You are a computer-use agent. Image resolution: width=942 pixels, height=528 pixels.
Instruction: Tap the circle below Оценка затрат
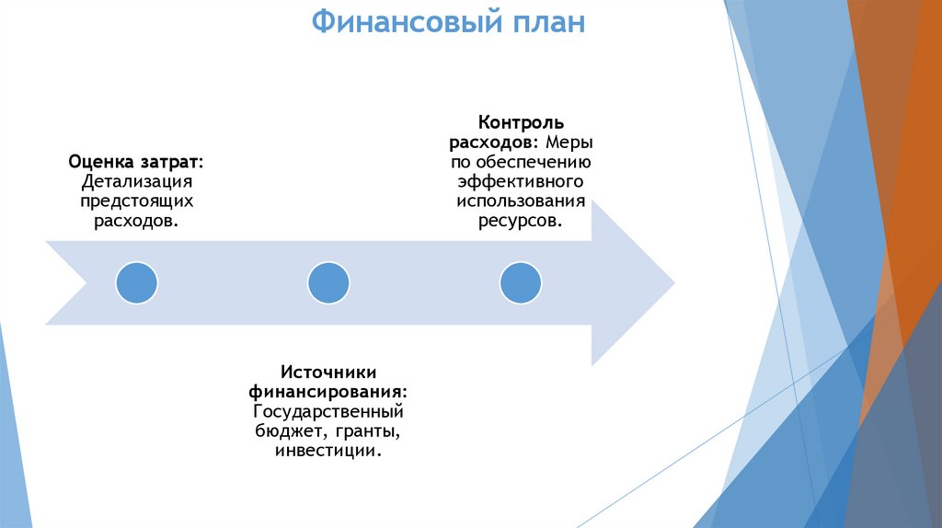[x=136, y=282]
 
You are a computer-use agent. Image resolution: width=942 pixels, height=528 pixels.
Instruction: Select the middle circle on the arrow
[x=328, y=282]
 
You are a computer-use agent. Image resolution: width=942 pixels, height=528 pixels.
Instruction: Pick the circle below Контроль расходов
[x=520, y=282]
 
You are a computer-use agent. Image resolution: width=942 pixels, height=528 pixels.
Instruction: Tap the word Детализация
[x=136, y=181]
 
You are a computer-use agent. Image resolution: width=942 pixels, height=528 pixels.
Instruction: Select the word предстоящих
[x=136, y=201]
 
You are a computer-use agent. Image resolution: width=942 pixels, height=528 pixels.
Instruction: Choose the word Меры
[x=569, y=143]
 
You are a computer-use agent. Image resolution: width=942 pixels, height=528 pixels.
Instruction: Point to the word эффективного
[x=521, y=182]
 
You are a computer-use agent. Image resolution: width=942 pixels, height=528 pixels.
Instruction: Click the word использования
[x=521, y=201]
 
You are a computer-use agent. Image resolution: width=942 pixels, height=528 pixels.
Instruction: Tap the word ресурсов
[x=521, y=222]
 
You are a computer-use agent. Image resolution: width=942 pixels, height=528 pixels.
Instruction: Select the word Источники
[x=328, y=373]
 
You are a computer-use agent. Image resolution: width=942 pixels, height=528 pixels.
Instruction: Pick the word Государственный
[x=328, y=412]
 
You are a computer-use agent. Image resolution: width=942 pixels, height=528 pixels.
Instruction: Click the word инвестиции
[x=328, y=452]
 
